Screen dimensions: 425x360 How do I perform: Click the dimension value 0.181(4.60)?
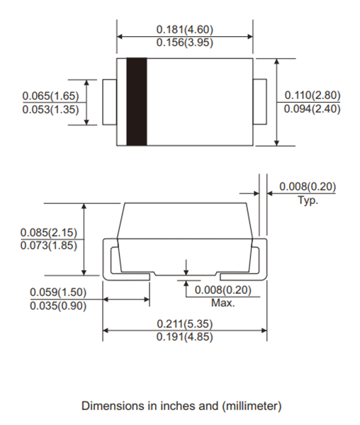click(184, 30)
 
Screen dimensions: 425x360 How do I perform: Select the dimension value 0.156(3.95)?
click(184, 42)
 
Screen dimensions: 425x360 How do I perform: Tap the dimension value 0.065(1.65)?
click(50, 96)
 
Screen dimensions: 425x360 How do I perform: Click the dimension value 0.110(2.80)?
click(313, 96)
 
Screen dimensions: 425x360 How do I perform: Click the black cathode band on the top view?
click(136, 102)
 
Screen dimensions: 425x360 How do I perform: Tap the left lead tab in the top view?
click(110, 102)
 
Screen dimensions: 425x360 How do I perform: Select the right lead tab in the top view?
click(259, 102)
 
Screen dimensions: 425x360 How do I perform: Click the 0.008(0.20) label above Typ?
click(307, 187)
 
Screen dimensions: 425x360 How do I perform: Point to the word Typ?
click(307, 200)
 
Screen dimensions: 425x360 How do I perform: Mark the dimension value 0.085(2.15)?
click(48, 233)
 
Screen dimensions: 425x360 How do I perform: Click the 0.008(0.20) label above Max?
click(223, 290)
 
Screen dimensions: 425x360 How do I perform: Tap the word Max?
click(223, 303)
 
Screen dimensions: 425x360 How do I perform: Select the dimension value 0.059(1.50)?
click(58, 293)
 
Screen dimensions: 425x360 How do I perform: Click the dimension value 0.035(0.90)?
click(58, 305)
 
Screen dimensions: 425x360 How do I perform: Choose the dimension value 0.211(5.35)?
click(184, 324)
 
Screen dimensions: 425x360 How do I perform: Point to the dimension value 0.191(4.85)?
click(184, 336)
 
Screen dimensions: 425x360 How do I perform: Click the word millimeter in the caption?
click(252, 406)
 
